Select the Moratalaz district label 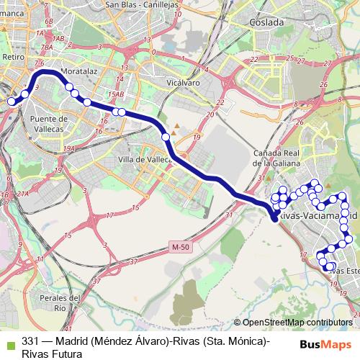(78, 73)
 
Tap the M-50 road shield (181, 247)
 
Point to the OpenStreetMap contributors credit (297, 323)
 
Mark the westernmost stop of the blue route (11, 102)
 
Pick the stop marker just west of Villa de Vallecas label (166, 137)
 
